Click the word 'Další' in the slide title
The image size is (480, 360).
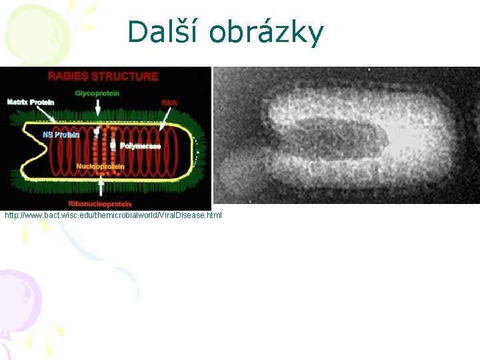[162, 33]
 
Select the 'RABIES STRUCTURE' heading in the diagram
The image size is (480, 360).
[103, 76]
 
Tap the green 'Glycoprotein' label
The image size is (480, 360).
[97, 93]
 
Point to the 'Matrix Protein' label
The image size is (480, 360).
[31, 102]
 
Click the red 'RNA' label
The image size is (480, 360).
[169, 103]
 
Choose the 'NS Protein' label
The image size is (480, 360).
[61, 135]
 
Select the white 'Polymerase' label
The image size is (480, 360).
[140, 145]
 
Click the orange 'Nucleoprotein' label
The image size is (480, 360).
[99, 165]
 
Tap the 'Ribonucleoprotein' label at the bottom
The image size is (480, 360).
[100, 203]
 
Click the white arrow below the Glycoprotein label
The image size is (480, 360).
[98, 107]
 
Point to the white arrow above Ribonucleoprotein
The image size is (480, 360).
[101, 187]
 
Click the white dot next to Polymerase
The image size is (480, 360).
[113, 144]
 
